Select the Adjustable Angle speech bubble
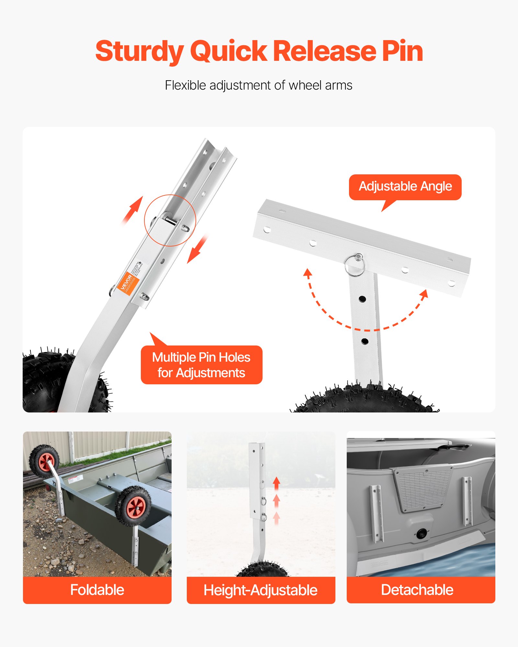405,187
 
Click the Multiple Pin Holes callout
201,365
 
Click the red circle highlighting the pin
170,220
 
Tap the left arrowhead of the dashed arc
308,273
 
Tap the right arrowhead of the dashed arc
424,294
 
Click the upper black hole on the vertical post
362,299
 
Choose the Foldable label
97,590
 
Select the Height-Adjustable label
261,590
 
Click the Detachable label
417,590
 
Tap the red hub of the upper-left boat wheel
46,462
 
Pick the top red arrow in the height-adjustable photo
276,483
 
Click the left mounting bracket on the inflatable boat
376,514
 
